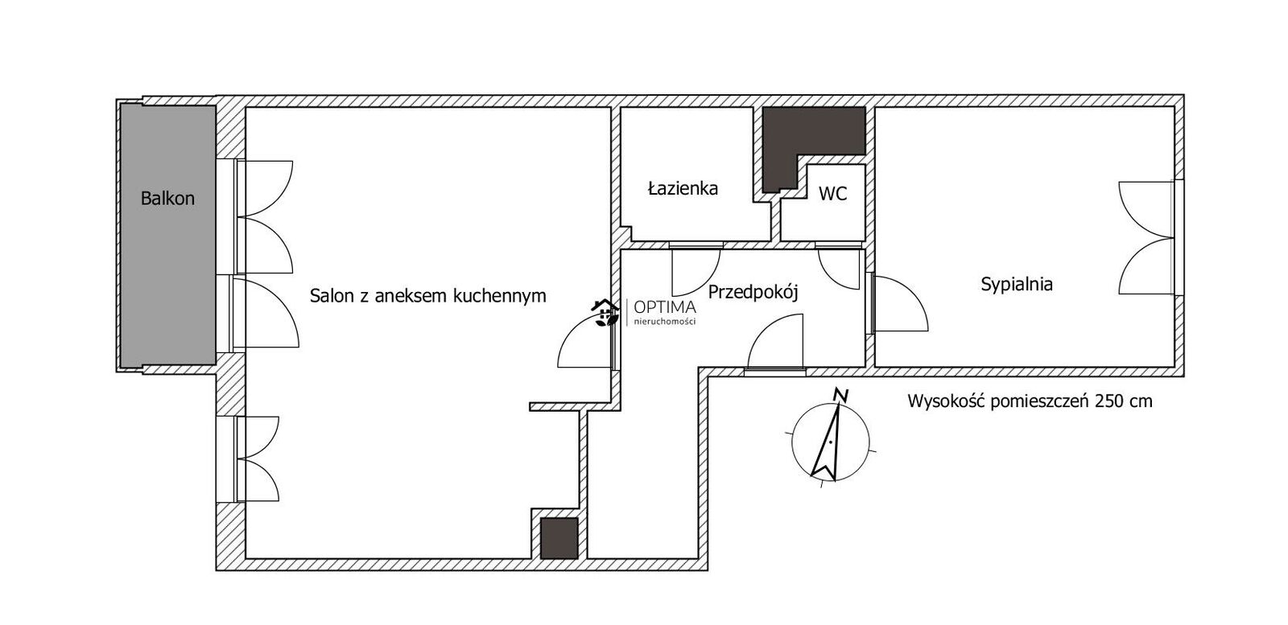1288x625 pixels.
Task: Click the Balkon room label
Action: (x=167, y=199)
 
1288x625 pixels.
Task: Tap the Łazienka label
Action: (x=683, y=188)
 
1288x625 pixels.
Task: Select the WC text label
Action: (x=832, y=194)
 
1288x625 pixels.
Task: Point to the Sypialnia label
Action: (x=1017, y=285)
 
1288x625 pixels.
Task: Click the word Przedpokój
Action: (x=753, y=293)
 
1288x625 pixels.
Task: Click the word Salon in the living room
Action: (x=329, y=296)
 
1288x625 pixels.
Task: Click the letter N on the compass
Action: (x=842, y=395)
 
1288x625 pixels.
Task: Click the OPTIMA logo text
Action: (x=665, y=308)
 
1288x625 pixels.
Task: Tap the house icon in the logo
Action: (x=605, y=313)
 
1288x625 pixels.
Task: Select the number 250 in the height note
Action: (x=1108, y=401)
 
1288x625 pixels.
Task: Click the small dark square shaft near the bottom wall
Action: (x=559, y=538)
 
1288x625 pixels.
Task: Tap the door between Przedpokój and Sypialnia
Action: (x=899, y=303)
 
